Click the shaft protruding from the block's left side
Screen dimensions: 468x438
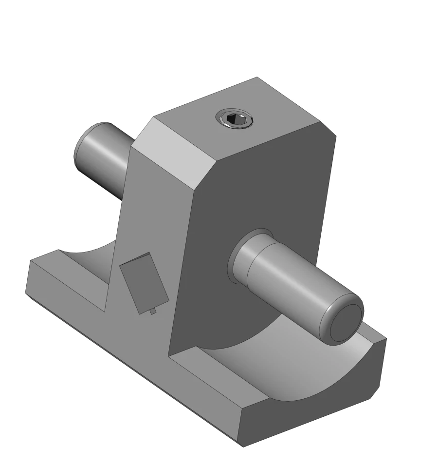click(x=102, y=151)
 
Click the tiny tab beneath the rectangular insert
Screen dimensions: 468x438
click(x=153, y=311)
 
